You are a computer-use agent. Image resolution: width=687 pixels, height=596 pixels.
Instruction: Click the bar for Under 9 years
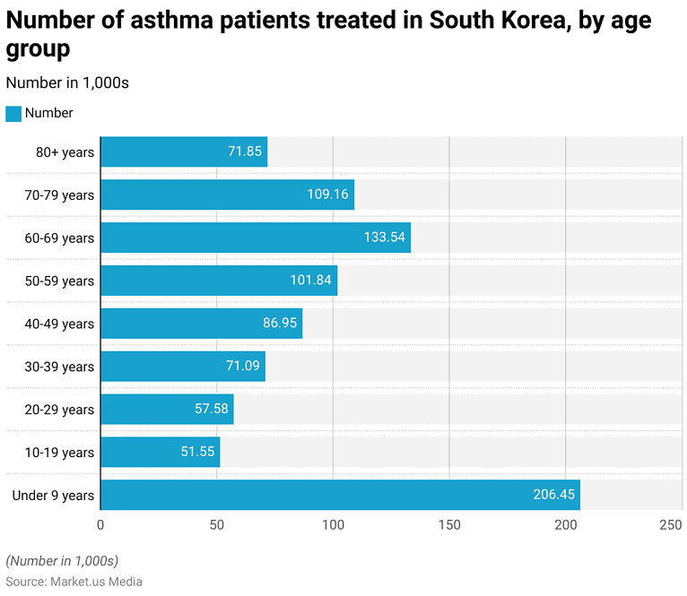pyautogui.click(x=340, y=495)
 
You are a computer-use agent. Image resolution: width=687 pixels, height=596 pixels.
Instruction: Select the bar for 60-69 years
pyautogui.click(x=256, y=238)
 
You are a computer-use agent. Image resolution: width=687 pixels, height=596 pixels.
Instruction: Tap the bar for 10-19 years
pyautogui.click(x=160, y=452)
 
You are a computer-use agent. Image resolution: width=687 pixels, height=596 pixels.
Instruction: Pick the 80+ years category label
pyautogui.click(x=65, y=152)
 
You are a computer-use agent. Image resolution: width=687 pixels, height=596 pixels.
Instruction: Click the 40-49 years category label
pyautogui.click(x=59, y=324)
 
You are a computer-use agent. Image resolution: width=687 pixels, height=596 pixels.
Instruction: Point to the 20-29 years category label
pyautogui.click(x=59, y=410)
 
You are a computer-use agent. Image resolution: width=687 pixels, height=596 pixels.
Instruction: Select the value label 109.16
pyautogui.click(x=328, y=194)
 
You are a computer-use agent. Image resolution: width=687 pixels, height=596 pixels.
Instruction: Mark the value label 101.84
pyautogui.click(x=311, y=281)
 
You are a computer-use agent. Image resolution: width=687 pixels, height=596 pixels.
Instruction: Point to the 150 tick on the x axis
pyautogui.click(x=449, y=525)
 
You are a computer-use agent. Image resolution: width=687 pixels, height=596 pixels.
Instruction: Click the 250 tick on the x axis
pyautogui.click(x=671, y=525)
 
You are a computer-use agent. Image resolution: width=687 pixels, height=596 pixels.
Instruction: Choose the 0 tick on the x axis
pyautogui.click(x=100, y=525)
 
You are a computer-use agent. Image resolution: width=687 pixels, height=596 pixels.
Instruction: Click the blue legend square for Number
pyautogui.click(x=13, y=114)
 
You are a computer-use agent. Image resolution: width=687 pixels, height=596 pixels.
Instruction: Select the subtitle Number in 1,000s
pyautogui.click(x=67, y=82)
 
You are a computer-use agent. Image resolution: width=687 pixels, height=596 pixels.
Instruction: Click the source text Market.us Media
pyautogui.click(x=97, y=582)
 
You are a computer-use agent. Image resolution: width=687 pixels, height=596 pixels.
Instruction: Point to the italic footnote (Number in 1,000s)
pyautogui.click(x=62, y=561)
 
